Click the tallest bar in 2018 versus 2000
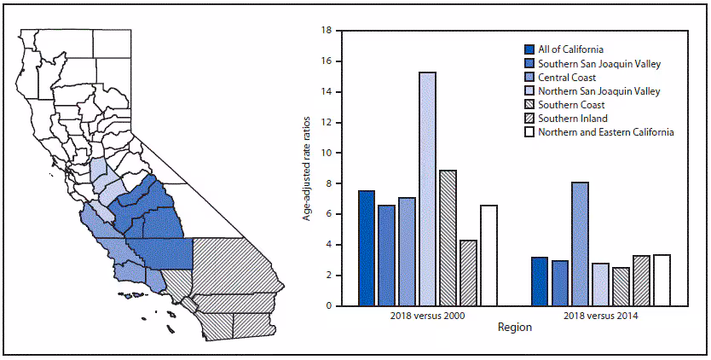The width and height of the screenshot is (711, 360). point(427,189)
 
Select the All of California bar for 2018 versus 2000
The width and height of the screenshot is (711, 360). point(367,247)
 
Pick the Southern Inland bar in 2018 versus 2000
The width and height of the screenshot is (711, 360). point(468,272)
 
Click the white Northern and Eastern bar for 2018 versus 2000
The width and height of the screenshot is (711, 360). point(488,255)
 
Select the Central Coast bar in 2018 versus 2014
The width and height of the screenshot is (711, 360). point(580,243)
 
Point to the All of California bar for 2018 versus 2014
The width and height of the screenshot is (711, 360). point(539,281)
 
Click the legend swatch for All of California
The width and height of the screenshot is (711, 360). point(530,50)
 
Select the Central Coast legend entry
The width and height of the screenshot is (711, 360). point(572,78)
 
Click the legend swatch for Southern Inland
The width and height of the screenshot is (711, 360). point(530,119)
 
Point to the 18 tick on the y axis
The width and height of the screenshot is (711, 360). point(325,31)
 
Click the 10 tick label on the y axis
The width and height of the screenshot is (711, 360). point(325,153)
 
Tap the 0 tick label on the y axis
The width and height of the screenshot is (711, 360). point(327,305)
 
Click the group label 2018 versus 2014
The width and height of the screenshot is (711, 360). point(600,315)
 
